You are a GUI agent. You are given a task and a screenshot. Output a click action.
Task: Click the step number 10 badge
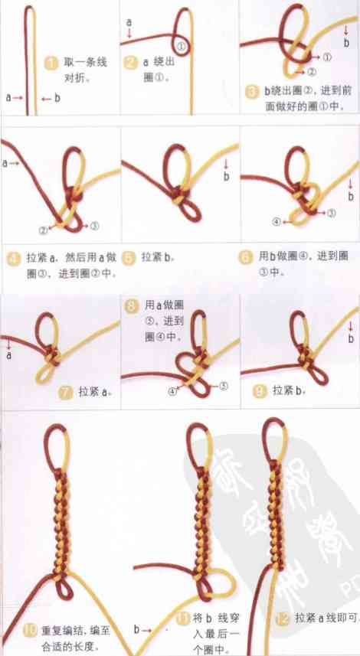[30, 632]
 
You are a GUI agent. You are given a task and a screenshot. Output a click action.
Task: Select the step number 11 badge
[182, 618]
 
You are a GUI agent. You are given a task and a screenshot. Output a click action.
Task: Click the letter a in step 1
[8, 97]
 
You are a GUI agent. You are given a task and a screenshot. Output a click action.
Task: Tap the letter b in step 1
[56, 97]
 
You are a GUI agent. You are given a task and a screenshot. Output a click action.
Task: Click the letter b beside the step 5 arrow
[227, 177]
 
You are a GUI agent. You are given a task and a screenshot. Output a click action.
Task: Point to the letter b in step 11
[137, 630]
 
